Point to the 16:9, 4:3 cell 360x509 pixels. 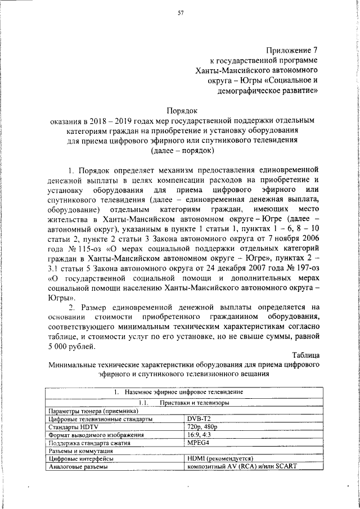200,435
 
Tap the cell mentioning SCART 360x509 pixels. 241,466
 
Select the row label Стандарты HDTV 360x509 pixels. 73,427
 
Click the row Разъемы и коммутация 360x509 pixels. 81,451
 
